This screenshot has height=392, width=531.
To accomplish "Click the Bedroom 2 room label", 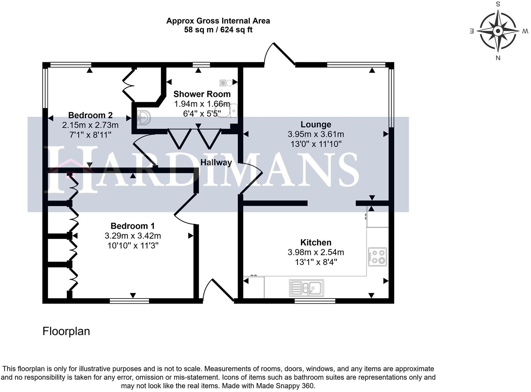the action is (90, 115).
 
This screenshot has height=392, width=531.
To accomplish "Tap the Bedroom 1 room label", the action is (133, 226).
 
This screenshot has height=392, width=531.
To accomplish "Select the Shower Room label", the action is (202, 94).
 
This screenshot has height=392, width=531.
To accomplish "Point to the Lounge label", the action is (316, 124).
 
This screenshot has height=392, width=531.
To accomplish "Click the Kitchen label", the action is (316, 242).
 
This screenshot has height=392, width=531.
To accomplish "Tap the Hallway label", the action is (216, 162).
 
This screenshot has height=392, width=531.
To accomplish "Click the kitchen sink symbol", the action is (307, 288).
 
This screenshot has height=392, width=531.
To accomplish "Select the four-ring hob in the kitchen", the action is (378, 257).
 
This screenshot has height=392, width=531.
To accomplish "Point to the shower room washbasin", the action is (144, 118).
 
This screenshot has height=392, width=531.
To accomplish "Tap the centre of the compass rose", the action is (498, 31).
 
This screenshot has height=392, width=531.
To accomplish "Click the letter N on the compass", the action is (498, 58).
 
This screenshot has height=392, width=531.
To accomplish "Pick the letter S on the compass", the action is (498, 4).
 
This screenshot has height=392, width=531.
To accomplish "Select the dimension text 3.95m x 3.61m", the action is (316, 134).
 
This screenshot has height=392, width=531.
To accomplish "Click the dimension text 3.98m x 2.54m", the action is (316, 252).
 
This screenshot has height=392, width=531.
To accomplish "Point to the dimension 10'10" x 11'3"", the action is (133, 246).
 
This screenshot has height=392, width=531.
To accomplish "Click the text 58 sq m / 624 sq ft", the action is (218, 30).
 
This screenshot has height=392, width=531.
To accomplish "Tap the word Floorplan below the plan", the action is (66, 331).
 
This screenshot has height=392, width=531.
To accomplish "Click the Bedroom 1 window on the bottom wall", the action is (129, 301).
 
